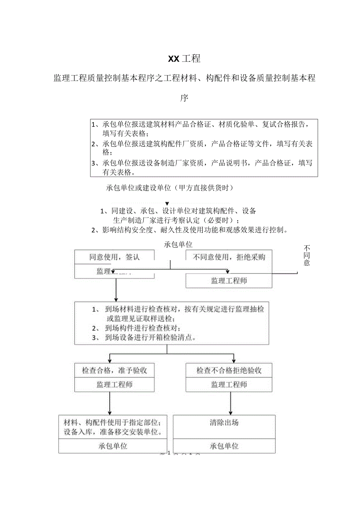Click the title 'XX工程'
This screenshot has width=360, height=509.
tap(184, 59)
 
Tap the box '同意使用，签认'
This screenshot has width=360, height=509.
tap(114, 257)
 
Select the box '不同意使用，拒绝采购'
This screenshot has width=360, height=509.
tap(229, 257)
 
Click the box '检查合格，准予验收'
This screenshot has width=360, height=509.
tap(114, 371)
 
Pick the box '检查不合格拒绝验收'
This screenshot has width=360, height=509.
tap(229, 371)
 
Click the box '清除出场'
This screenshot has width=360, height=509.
tap(224, 423)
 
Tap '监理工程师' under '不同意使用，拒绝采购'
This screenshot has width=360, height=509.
tap(229, 281)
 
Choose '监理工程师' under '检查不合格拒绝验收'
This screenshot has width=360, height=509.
tap(229, 385)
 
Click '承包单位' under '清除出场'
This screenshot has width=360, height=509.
tap(224, 446)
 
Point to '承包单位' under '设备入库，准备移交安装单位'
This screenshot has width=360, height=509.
tap(113, 446)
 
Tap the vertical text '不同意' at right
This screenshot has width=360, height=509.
tap(306, 255)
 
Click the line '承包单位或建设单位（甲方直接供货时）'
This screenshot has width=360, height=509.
tap(169, 188)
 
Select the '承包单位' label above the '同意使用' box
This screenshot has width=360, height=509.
tap(178, 245)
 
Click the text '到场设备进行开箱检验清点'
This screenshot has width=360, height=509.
tap(150, 337)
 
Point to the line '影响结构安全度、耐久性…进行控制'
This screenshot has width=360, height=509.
tap(190, 230)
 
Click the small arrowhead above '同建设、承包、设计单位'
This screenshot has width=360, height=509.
tap(167, 203)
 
